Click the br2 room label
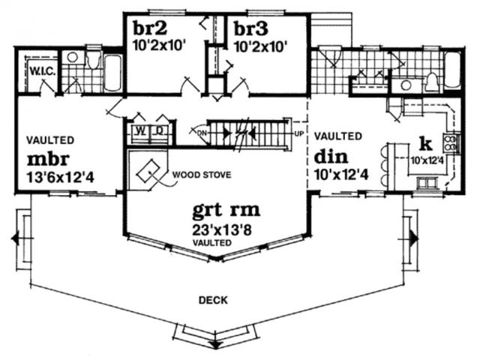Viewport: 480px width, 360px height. (150, 28)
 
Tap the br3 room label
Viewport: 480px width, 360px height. (251, 29)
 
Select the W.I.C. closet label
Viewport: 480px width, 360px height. (43, 72)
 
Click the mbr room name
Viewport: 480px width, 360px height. (48, 159)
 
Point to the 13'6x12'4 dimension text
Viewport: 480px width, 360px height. (60, 178)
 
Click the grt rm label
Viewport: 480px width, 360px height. (226, 211)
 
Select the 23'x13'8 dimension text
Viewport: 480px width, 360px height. (222, 230)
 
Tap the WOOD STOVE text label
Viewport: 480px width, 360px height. (202, 175)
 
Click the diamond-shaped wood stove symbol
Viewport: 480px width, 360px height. (148, 172)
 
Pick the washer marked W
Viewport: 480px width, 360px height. (141, 132)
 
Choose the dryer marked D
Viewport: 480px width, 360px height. (160, 132)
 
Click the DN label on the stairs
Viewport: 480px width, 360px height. (202, 133)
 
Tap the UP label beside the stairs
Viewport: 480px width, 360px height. (298, 133)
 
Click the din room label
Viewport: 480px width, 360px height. (331, 157)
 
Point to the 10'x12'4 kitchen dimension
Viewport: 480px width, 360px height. (427, 160)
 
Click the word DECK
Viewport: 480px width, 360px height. (213, 300)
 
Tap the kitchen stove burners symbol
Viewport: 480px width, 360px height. (450, 143)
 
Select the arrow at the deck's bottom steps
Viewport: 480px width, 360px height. (216, 344)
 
